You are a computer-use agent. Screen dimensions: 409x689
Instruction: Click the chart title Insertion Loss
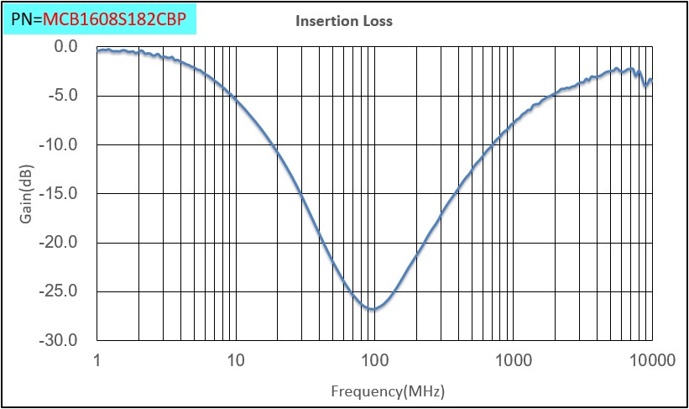343,21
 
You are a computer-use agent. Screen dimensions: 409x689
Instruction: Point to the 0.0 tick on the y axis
65,46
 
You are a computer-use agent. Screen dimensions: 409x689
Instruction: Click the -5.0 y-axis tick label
64,96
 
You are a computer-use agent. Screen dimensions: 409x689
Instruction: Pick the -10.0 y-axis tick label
60,144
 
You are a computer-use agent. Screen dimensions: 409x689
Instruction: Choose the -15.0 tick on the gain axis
60,194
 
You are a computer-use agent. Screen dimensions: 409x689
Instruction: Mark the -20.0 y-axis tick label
60,243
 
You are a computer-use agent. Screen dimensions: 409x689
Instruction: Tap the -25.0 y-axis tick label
60,292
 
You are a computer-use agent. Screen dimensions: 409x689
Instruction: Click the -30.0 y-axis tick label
60,341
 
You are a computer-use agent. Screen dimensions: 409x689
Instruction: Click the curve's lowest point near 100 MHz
373,309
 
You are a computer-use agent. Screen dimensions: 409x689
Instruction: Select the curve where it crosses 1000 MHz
513,128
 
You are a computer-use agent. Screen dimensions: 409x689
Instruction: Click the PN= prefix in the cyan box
27,17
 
